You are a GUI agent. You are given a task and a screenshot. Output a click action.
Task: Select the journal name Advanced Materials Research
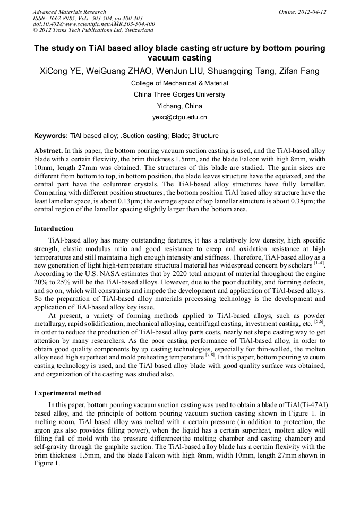[x=69, y=12]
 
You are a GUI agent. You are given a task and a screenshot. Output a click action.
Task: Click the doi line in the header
[x=93, y=24]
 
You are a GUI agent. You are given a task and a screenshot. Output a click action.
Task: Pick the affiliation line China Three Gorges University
[x=179, y=94]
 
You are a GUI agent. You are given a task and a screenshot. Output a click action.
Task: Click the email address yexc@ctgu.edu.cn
[x=179, y=117]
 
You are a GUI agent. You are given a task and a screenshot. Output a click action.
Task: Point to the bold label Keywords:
[x=51, y=136]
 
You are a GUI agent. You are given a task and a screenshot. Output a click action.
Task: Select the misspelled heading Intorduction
[x=54, y=229]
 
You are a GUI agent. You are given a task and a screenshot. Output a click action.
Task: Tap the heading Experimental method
[x=67, y=393]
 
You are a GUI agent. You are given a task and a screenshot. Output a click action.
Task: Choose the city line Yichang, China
[x=179, y=106]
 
